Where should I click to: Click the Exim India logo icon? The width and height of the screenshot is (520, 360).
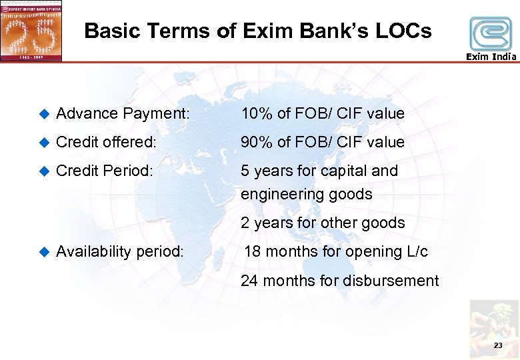click(x=491, y=33)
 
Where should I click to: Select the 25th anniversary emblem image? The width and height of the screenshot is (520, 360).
click(x=31, y=31)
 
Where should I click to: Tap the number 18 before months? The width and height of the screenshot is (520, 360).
click(x=253, y=252)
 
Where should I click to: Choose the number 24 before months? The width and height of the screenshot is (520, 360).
click(x=250, y=281)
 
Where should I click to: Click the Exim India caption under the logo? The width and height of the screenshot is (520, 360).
click(x=491, y=57)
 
